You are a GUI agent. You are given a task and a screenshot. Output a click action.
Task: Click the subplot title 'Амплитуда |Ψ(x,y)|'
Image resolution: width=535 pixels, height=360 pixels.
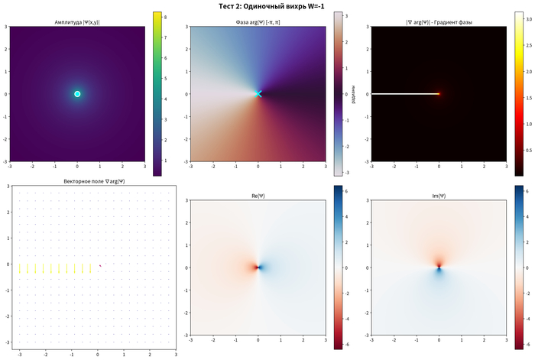[x=76, y=23]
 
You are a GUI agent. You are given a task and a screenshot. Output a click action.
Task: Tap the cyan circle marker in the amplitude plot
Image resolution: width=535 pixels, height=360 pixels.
[x=77, y=94]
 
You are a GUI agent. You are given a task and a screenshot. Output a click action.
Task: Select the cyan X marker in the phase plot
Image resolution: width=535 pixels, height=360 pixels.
[x=258, y=94]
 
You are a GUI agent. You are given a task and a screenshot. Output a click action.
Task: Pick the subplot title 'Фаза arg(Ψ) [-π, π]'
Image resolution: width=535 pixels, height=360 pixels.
[x=258, y=23]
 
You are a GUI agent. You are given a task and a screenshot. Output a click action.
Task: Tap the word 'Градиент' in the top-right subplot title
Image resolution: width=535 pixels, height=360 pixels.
[x=456, y=23]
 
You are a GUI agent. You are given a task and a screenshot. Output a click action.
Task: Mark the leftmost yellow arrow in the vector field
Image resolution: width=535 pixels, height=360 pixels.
[x=20, y=268]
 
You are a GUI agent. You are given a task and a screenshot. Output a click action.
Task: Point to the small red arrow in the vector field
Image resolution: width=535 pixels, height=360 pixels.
[x=100, y=265]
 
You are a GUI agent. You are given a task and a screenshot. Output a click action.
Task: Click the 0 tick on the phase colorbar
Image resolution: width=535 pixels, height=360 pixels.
[x=346, y=94]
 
